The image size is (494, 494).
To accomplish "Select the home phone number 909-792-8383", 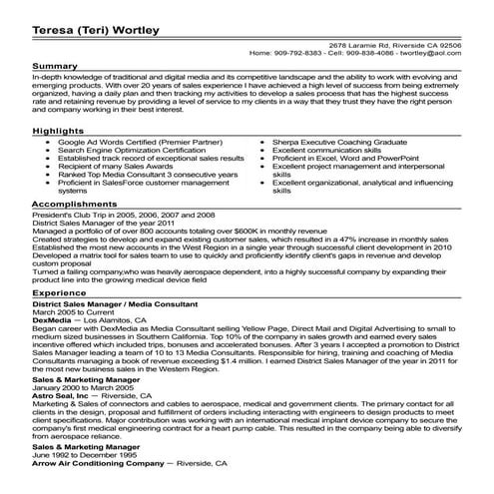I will [x=299, y=53].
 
